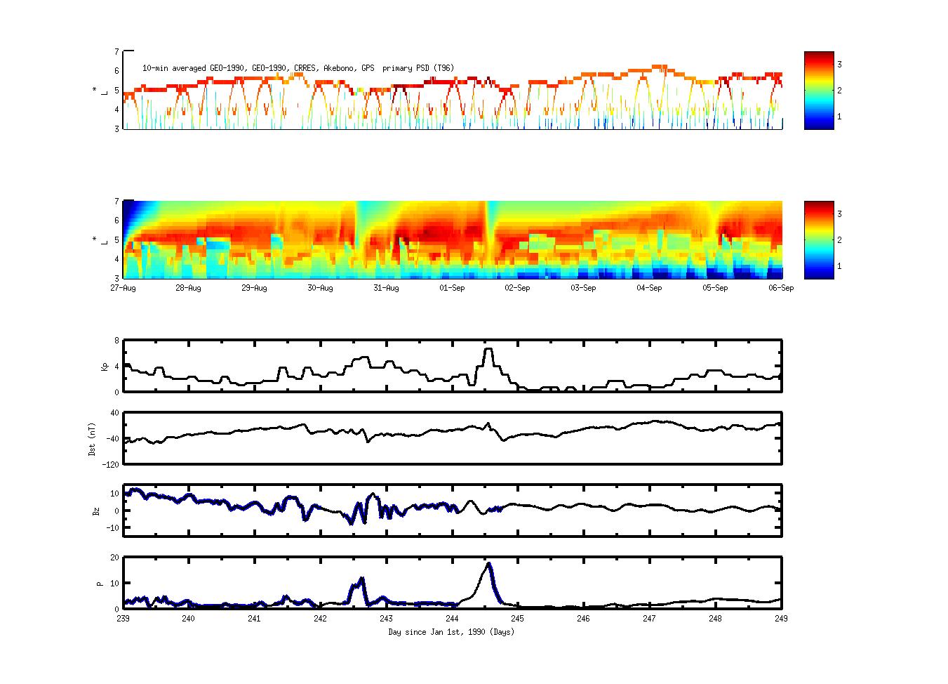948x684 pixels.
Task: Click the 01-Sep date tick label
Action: click(x=452, y=288)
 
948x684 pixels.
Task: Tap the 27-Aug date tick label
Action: click(x=123, y=288)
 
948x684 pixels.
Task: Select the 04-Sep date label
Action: click(x=649, y=288)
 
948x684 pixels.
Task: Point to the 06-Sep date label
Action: click(x=781, y=288)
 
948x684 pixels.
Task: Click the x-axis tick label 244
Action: click(x=452, y=619)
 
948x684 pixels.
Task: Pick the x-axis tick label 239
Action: click(x=123, y=619)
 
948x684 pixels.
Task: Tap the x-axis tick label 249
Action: click(x=781, y=619)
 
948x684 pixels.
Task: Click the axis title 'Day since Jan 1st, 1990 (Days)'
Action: click(x=451, y=632)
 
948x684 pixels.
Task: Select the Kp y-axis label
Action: click(x=105, y=366)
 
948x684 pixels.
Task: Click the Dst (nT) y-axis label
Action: click(x=93, y=438)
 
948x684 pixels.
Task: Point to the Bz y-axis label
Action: click(x=96, y=511)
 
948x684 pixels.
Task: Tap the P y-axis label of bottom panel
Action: click(x=100, y=583)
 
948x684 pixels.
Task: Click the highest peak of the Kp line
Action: click(x=488, y=349)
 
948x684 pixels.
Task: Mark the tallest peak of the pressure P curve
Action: click(x=489, y=563)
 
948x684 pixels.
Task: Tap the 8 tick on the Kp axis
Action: click(x=116, y=341)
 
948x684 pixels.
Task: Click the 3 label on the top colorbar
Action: click(x=839, y=65)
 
